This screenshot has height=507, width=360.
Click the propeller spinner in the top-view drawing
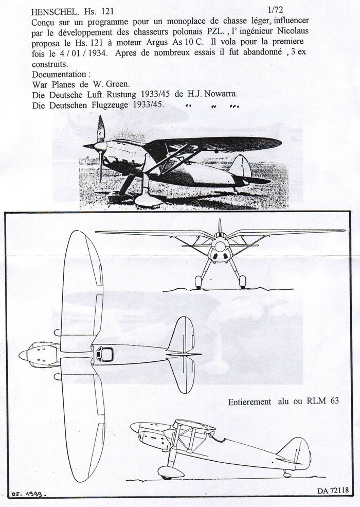click(x=23, y=355)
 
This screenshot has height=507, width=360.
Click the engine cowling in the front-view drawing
click(x=220, y=248)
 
